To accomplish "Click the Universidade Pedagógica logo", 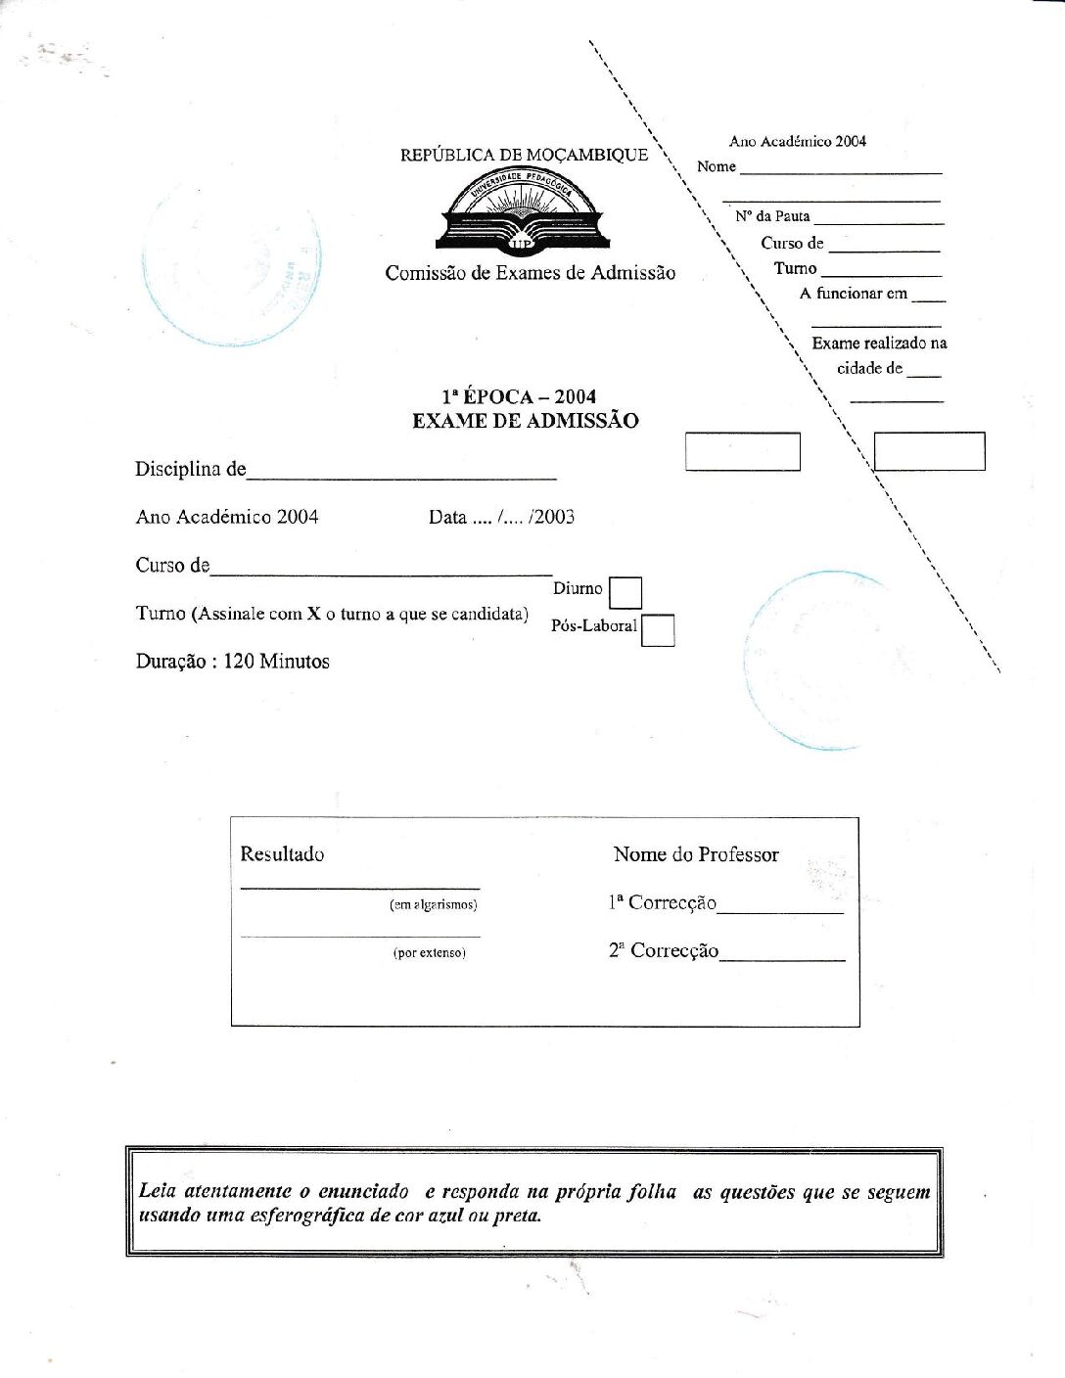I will pyautogui.click(x=521, y=209).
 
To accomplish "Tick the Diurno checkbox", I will pyautogui.click(x=625, y=593).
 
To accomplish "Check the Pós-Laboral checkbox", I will pyautogui.click(x=658, y=630).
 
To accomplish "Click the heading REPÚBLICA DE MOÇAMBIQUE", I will pyautogui.click(x=524, y=155).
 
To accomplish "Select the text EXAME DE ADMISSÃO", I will pyautogui.click(x=525, y=421).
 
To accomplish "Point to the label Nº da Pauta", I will pyautogui.click(x=772, y=216).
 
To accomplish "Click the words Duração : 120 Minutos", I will pyautogui.click(x=232, y=662).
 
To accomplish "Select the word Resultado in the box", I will pyautogui.click(x=282, y=854).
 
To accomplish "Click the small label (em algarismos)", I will pyautogui.click(x=433, y=905).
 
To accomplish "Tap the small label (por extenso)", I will pyautogui.click(x=430, y=953).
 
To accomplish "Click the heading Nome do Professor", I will pyautogui.click(x=696, y=854).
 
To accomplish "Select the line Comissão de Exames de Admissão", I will pyautogui.click(x=530, y=273).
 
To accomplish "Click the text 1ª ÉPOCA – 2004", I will pyautogui.click(x=519, y=396).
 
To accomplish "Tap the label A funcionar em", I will pyautogui.click(x=853, y=294).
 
